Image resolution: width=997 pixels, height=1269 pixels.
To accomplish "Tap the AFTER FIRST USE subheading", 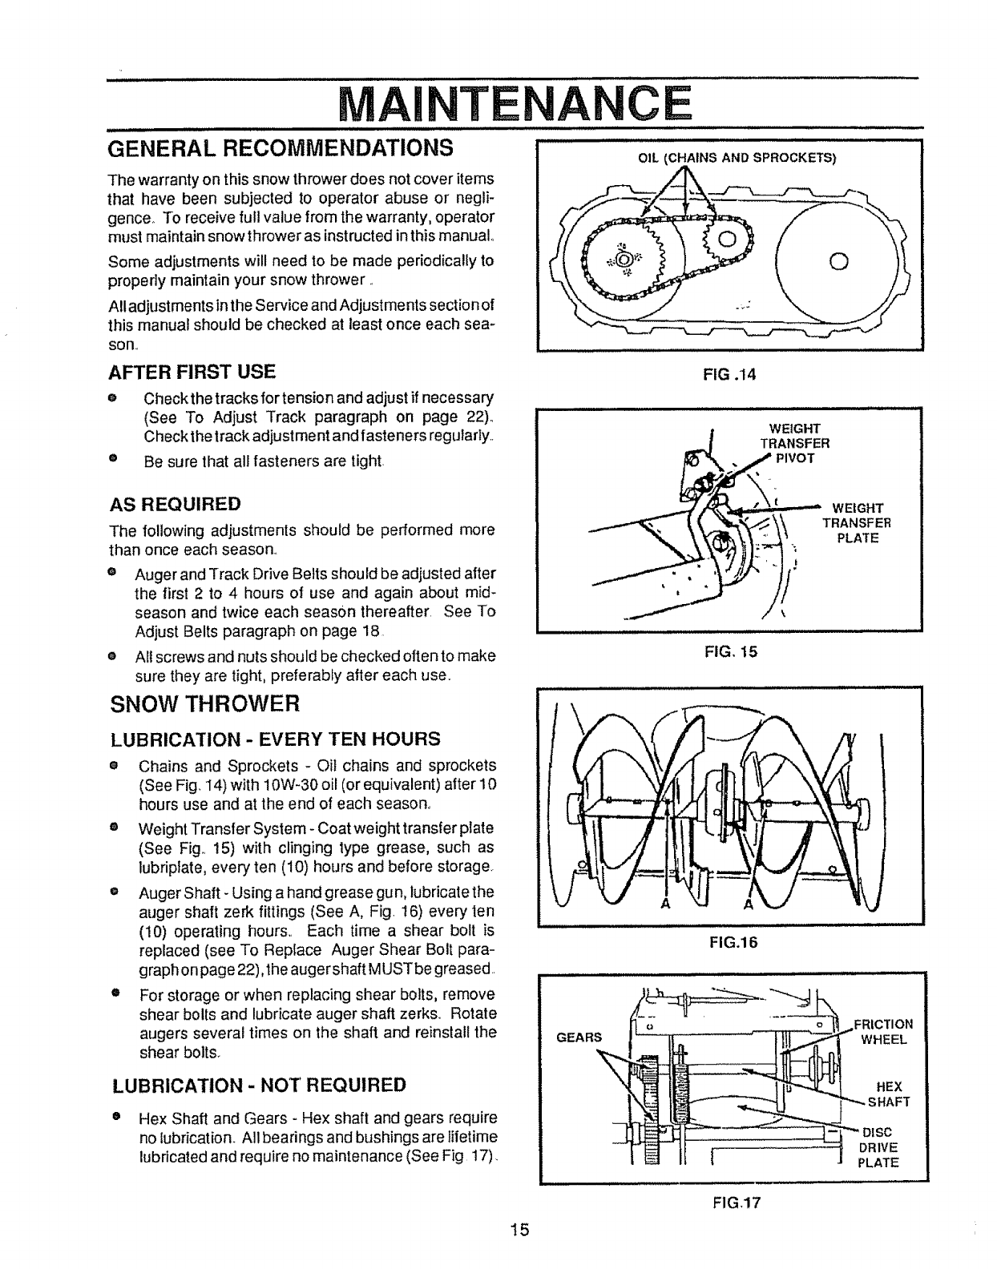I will pyautogui.click(x=192, y=372).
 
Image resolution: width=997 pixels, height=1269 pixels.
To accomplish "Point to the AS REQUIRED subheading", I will pyautogui.click(x=175, y=505).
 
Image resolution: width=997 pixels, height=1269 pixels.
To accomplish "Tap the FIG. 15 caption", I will pyautogui.click(x=729, y=652).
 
